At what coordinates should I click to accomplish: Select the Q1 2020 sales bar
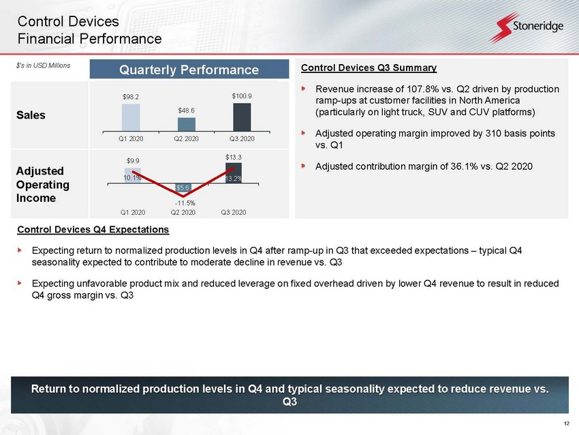131,117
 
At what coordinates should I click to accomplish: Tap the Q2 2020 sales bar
187,125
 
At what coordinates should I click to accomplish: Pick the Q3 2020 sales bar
242,117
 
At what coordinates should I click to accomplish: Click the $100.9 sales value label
242,96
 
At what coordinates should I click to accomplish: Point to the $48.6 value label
186,110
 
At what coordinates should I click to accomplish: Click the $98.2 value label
131,97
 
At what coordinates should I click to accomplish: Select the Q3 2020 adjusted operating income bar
234,173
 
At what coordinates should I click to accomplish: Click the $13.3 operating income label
234,157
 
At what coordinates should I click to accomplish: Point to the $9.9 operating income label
133,161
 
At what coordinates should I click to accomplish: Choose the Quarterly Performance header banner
189,70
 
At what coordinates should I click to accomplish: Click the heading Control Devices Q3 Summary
369,68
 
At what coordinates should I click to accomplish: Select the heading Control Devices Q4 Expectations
93,230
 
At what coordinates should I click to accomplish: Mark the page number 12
567,423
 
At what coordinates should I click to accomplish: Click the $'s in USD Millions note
43,65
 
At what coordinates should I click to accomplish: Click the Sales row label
31,115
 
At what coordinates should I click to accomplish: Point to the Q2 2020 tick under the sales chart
186,138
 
